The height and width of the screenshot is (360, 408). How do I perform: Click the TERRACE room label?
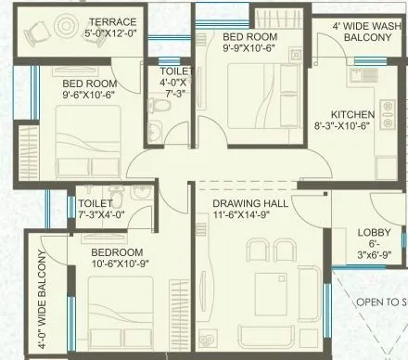pyautogui.click(x=113, y=21)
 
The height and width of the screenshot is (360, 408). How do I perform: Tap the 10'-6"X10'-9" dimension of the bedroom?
pyautogui.click(x=119, y=266)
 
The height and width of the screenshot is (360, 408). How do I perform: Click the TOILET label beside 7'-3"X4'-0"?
pyautogui.click(x=96, y=202)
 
